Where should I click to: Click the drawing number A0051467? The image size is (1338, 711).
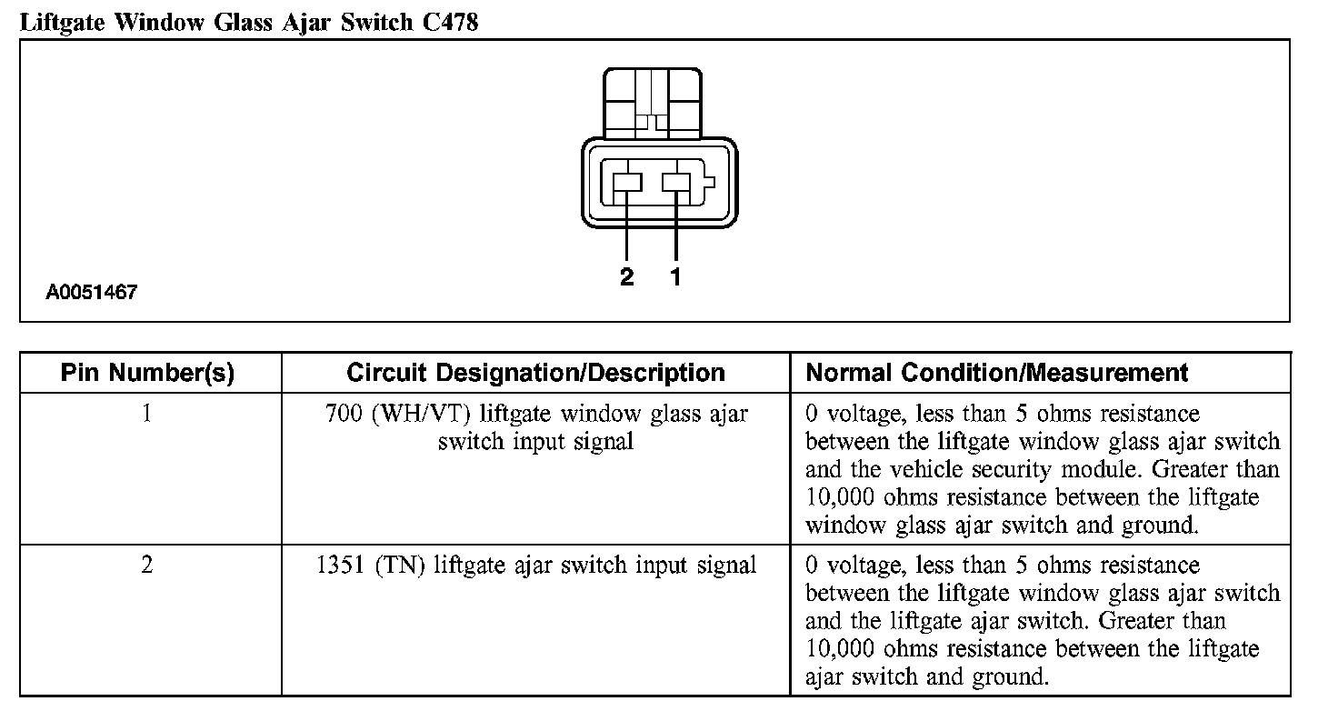(x=92, y=294)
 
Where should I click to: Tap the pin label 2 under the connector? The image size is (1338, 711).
(x=626, y=277)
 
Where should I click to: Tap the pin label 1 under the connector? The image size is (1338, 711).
(x=675, y=277)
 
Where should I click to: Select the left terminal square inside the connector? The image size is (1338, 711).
(x=627, y=183)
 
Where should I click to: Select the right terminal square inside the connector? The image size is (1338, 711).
(x=676, y=183)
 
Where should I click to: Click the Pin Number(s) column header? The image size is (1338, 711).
(x=147, y=373)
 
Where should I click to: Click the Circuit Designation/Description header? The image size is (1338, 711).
(x=535, y=373)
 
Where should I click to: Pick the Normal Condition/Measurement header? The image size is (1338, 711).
(x=997, y=373)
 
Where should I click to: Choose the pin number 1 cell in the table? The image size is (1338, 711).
(x=147, y=414)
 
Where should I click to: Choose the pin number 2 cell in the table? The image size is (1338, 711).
(x=147, y=565)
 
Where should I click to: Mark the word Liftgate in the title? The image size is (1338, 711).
(x=62, y=22)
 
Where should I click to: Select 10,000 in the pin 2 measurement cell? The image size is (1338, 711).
(x=840, y=650)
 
